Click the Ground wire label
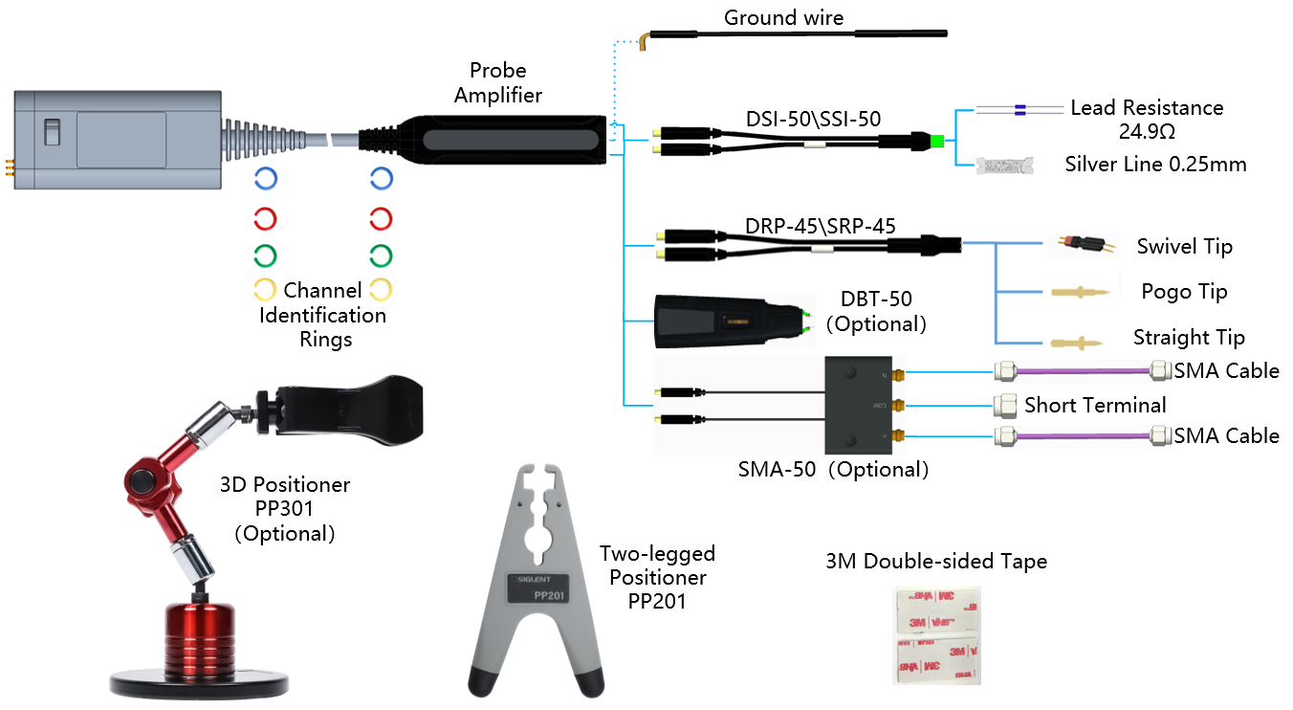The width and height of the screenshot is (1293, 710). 783,17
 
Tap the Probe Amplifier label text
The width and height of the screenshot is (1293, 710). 497,83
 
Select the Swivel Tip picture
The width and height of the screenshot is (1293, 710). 1082,246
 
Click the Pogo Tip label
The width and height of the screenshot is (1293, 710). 1184,292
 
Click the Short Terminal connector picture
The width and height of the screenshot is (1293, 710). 1005,404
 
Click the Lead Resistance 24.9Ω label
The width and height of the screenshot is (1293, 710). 1146,118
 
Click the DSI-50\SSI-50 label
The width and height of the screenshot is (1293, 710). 813,119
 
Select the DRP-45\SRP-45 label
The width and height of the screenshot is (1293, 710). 820,228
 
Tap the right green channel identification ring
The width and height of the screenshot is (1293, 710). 381,255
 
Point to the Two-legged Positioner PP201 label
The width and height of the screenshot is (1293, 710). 657,577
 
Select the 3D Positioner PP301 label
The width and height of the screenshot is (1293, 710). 284,509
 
